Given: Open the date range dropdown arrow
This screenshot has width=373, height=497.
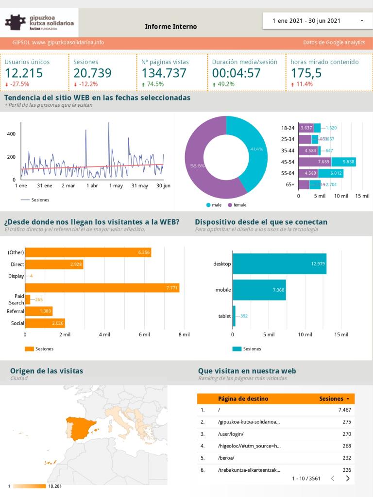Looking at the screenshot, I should click(x=362, y=21).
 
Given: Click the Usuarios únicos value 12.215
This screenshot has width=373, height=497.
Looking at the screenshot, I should click(x=24, y=73).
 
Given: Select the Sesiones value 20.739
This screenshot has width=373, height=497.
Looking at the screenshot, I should click(x=92, y=73).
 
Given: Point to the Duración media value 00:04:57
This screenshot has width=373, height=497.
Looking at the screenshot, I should click(x=236, y=73).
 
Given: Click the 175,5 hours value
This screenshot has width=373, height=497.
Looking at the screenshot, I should click(x=306, y=73).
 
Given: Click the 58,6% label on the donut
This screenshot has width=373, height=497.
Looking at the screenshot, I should click(x=197, y=166).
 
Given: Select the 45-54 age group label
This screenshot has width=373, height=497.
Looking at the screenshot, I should click(x=288, y=162).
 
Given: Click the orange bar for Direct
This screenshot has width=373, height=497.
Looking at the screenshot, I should click(x=54, y=265).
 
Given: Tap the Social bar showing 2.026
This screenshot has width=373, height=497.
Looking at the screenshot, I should click(x=45, y=323).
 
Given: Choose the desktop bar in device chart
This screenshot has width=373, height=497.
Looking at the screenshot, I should click(x=279, y=264).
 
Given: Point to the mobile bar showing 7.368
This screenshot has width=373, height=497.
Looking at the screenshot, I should click(x=259, y=290).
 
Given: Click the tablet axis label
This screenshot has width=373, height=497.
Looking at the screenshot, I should click(x=224, y=316).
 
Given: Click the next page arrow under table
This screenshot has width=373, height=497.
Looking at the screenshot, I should click(x=348, y=479).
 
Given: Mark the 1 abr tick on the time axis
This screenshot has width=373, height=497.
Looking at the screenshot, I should click(x=92, y=185).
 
